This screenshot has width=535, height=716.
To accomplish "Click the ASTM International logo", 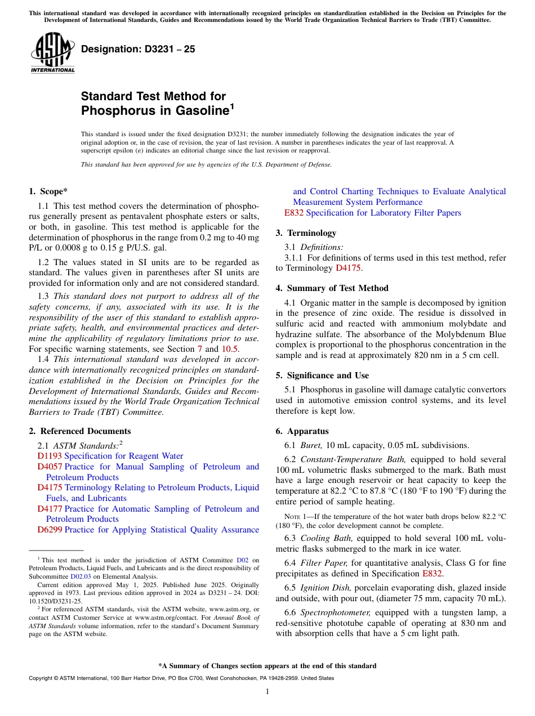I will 52,52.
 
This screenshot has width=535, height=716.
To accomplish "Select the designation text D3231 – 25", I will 138,49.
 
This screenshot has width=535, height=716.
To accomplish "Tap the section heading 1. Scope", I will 48,191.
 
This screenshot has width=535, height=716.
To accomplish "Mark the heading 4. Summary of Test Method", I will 332,288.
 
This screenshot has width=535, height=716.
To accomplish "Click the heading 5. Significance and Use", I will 322,375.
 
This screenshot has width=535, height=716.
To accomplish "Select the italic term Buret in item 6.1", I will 311,445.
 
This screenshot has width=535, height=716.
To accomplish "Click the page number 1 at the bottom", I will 267,692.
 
